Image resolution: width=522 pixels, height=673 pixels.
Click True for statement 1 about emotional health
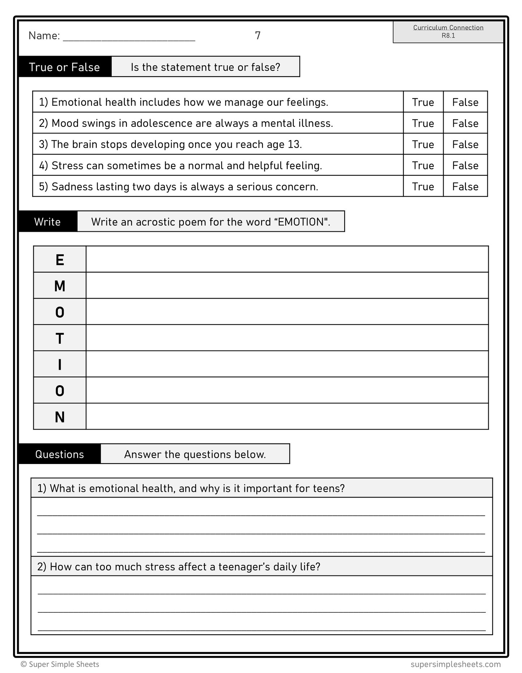423,102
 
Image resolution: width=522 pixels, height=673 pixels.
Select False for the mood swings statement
465,123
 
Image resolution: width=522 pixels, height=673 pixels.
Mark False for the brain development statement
465,144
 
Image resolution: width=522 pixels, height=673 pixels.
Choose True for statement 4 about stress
423,165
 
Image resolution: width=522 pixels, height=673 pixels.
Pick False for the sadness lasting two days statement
465,187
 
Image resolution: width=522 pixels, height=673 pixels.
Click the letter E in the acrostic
60,260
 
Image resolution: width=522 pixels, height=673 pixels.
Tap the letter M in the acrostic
60,286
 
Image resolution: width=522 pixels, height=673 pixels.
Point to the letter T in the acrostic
60,339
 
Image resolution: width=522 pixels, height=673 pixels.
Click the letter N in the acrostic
60,417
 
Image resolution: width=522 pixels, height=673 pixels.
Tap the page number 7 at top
258,35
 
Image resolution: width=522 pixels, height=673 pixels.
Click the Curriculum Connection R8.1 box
448,32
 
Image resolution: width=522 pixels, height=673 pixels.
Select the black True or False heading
65,67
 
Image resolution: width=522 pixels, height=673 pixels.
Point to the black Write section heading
48,222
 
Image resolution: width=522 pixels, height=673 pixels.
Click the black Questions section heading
60,454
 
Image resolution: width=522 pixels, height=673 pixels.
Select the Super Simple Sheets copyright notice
60,664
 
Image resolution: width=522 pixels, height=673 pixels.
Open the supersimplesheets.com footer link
456,664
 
